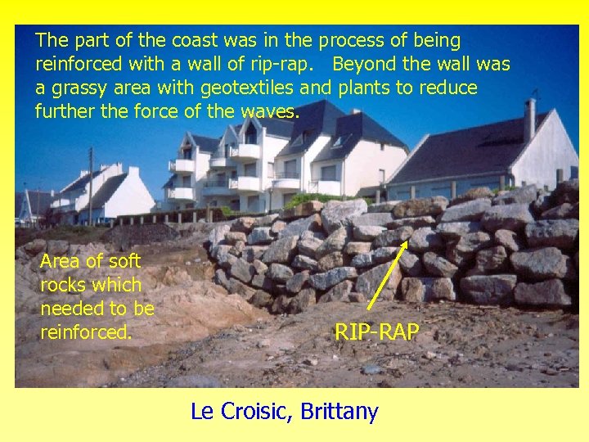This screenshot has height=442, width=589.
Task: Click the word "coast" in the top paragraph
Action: pyautogui.click(x=171, y=40)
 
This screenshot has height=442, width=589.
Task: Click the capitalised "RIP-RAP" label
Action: pyautogui.click(x=376, y=331)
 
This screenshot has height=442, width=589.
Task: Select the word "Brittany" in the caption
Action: pyautogui.click(x=339, y=411)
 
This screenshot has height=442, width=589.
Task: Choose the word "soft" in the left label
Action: pyautogui.click(x=124, y=262)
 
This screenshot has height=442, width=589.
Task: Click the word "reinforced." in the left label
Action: pyautogui.click(x=86, y=333)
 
